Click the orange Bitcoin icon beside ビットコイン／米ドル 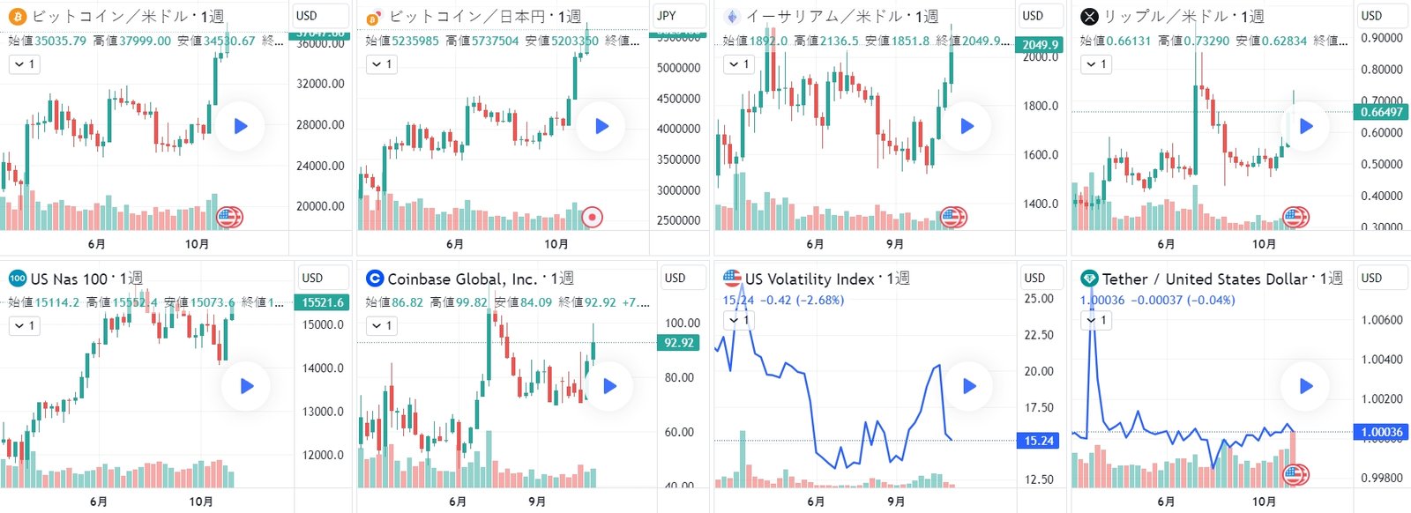point(17,16)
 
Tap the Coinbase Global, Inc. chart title point(462,279)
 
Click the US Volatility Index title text point(809,279)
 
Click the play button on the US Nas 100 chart point(246,386)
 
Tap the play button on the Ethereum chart point(967,126)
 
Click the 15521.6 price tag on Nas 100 point(323,302)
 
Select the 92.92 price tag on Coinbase point(678,343)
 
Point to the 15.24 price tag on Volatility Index point(1039,441)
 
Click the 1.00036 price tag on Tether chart point(1382,432)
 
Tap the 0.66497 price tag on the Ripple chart point(1381,112)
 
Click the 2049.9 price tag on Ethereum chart point(1041,45)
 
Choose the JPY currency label point(667,15)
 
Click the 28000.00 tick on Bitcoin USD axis point(320,124)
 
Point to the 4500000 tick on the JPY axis point(678,99)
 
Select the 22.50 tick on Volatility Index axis point(1039,335)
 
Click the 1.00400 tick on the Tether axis point(1382,360)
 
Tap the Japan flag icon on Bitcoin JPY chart point(593,216)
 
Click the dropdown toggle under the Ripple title point(1096,64)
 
